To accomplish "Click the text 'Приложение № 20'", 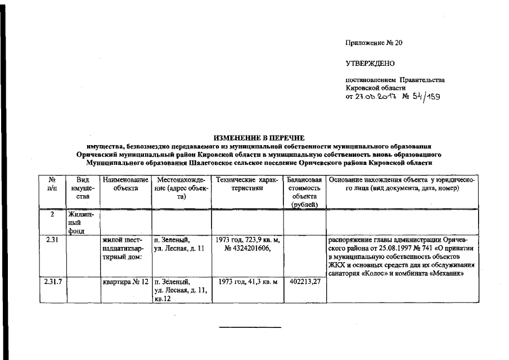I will [375, 43].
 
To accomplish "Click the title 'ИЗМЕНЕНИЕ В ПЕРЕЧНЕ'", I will [259, 137].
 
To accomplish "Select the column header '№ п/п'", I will [52, 184].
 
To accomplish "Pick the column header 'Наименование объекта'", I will [125, 184].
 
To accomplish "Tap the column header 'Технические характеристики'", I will [247, 184].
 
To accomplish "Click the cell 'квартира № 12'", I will [125, 281].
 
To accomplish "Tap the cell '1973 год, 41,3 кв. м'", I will [247, 281].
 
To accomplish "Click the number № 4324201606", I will [247, 248].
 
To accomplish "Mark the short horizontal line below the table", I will [250, 326].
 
